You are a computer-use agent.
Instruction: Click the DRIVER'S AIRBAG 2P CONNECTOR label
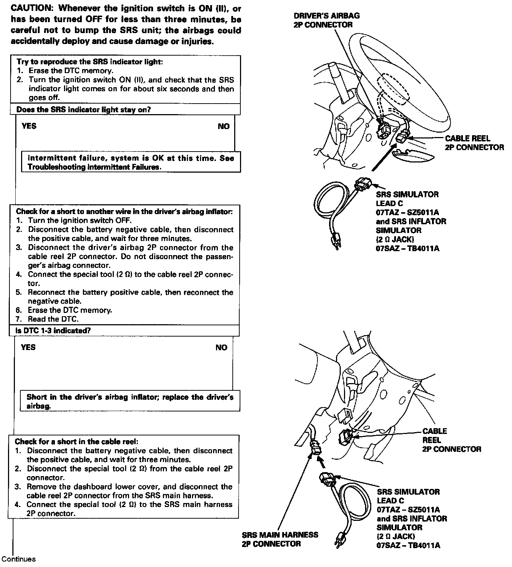[327, 20]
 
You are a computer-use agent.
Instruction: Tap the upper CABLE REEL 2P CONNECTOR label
[474, 143]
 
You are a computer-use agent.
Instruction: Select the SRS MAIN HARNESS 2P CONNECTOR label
[280, 539]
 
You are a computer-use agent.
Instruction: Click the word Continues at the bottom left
[19, 559]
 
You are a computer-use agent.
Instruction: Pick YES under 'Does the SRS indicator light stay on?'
[29, 126]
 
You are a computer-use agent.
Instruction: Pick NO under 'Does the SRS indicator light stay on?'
[224, 126]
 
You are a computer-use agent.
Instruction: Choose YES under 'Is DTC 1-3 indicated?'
[28, 347]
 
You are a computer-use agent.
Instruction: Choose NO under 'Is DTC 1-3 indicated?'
[221, 347]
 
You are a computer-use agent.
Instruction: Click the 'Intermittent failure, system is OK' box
[131, 162]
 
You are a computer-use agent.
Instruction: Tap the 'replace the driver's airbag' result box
[130, 401]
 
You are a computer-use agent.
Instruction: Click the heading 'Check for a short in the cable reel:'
[76, 442]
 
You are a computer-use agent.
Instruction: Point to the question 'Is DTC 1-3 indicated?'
[53, 330]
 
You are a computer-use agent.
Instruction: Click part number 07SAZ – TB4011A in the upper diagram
[407, 249]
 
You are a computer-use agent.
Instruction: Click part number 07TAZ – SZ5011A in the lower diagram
[408, 510]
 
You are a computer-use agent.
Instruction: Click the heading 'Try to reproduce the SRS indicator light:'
[90, 62]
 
